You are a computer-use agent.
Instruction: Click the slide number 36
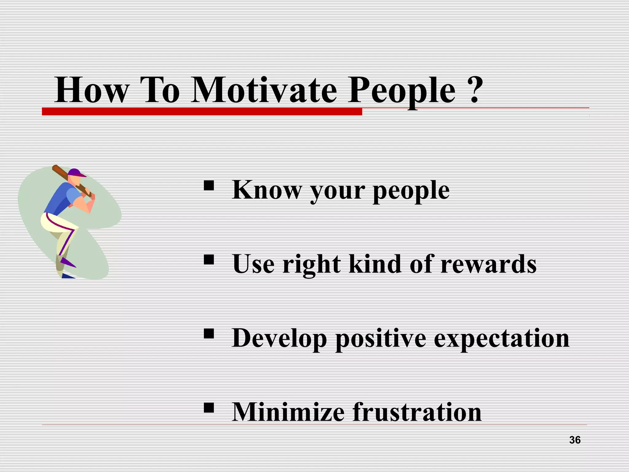click(x=575, y=440)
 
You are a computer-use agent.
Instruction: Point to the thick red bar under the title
click(x=202, y=112)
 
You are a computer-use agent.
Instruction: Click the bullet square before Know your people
click(x=209, y=186)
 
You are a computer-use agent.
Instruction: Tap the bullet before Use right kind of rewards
click(x=209, y=260)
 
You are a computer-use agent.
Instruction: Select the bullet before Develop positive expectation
click(x=209, y=334)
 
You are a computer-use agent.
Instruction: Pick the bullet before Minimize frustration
click(x=209, y=408)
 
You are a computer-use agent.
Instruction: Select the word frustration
click(x=417, y=412)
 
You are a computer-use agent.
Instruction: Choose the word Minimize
click(x=288, y=412)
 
